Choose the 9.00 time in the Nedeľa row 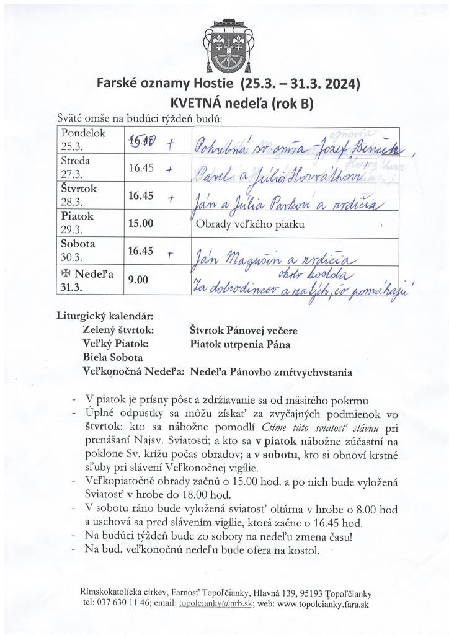(x=138, y=280)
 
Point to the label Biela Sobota (x=112, y=358)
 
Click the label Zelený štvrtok (x=118, y=331)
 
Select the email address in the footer (x=215, y=604)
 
